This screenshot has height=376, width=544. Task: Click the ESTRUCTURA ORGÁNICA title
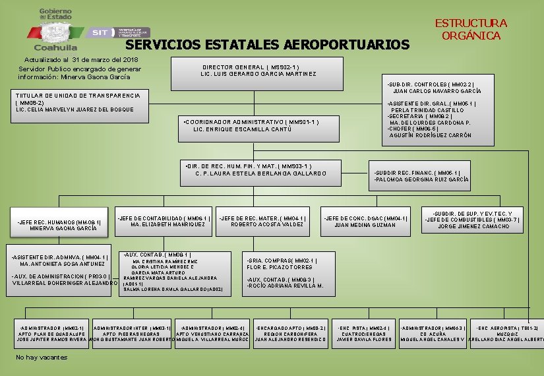471,29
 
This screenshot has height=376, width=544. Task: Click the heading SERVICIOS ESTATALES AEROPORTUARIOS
267,45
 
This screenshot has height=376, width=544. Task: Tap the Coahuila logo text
55,47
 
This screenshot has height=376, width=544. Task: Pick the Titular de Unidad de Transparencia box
78,102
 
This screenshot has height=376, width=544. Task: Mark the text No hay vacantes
42,358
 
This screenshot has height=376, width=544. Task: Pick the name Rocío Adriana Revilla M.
284,286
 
